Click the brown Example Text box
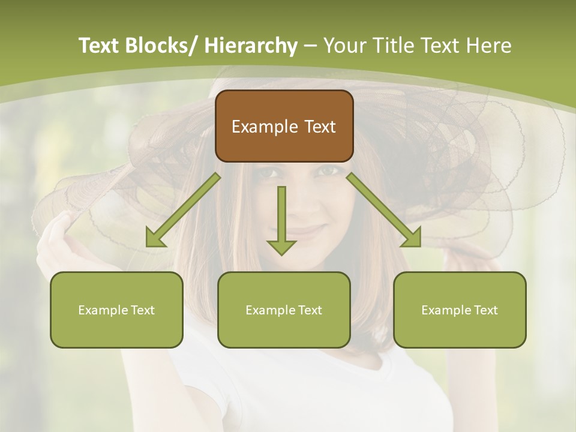[x=284, y=126]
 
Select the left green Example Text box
[x=116, y=310]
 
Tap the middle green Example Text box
[x=284, y=310]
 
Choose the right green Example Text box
[x=460, y=310]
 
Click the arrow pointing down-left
[x=184, y=210]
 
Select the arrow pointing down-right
[x=384, y=210]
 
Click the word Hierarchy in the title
[x=251, y=46]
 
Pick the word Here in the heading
[x=489, y=46]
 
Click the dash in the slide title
[x=310, y=46]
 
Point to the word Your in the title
[x=344, y=46]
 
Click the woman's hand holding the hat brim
[x=57, y=237]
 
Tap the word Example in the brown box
[x=265, y=127]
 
